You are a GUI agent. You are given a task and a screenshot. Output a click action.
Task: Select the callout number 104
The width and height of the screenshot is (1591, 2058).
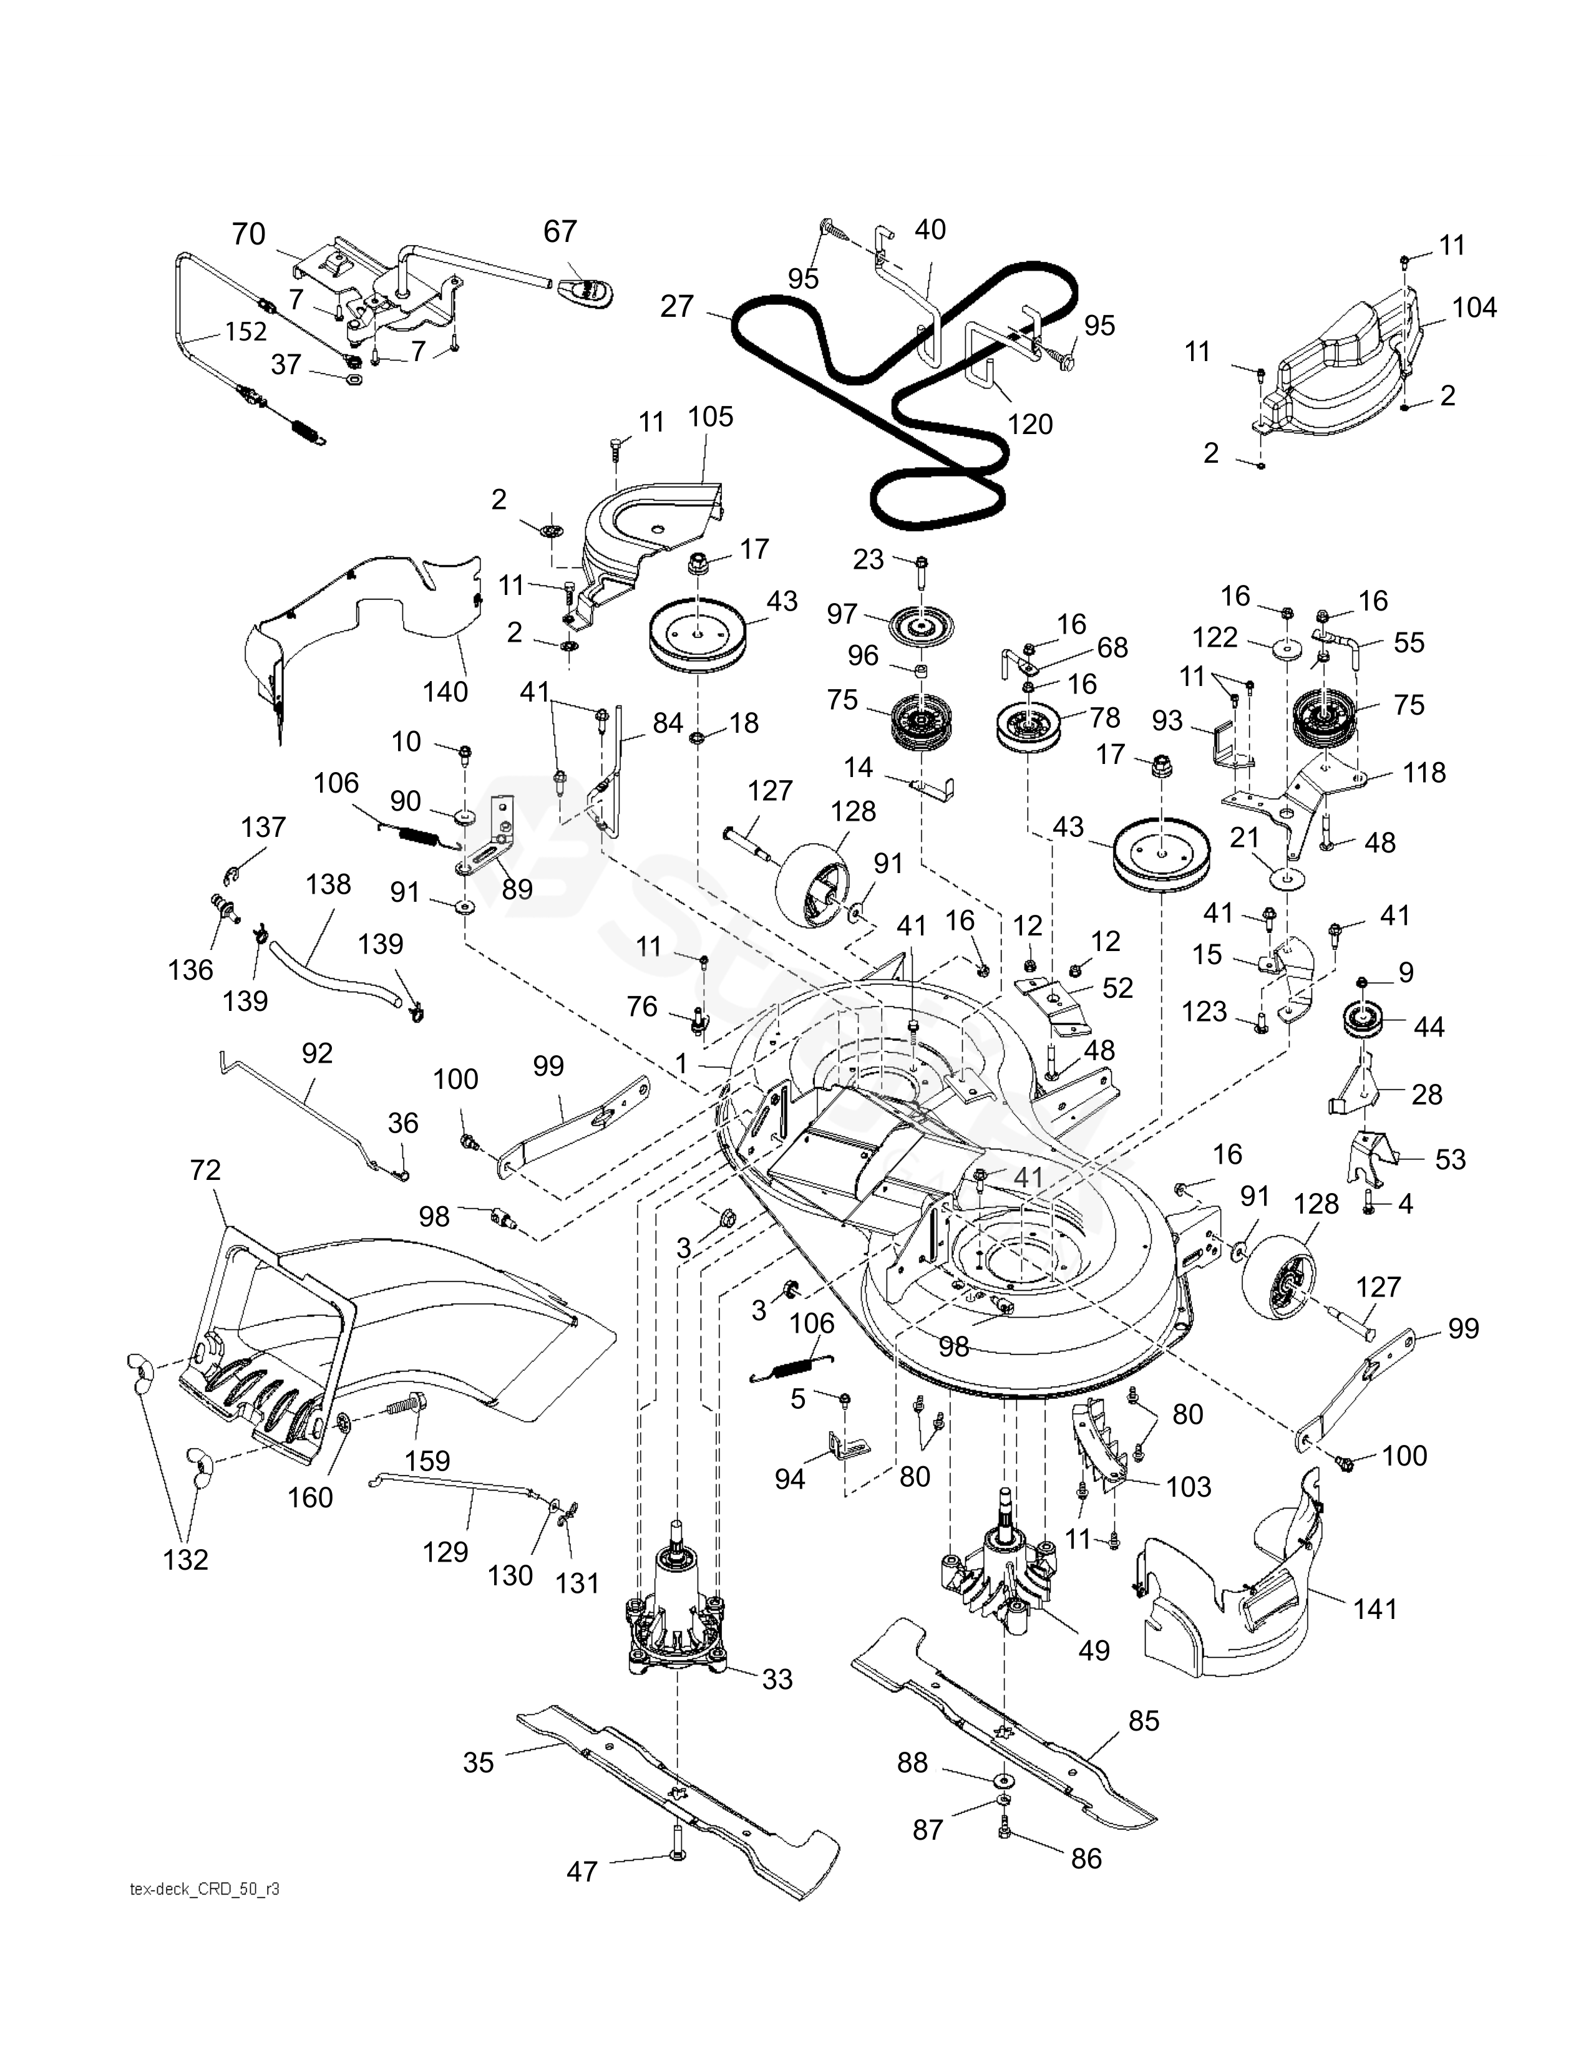pos(1474,307)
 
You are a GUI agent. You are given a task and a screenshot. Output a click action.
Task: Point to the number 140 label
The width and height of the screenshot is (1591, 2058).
pos(445,692)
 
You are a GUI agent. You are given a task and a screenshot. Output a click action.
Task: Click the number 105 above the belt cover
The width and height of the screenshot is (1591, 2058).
pos(710,417)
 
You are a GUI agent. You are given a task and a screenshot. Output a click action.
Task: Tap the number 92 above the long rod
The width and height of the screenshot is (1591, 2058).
pos(317,1053)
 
